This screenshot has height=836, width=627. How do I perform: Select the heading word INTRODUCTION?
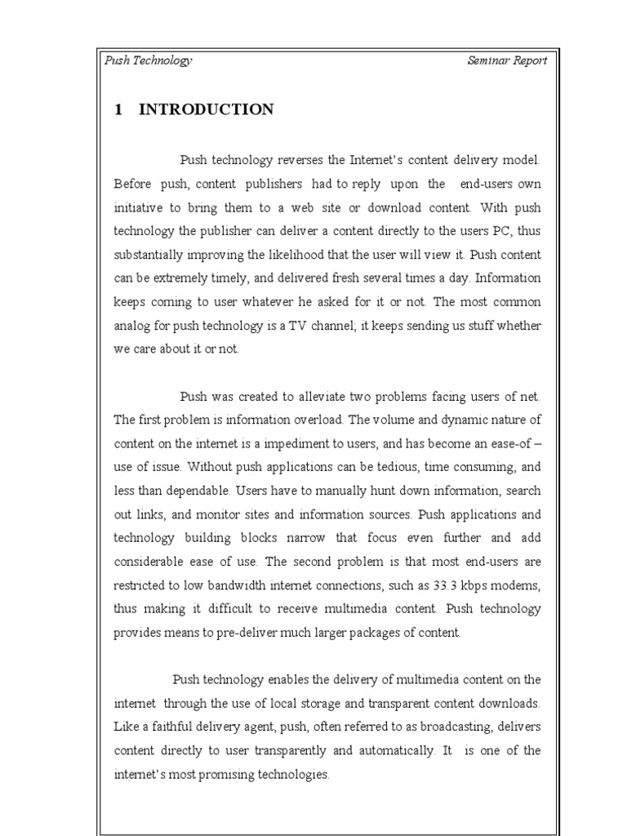pyautogui.click(x=207, y=109)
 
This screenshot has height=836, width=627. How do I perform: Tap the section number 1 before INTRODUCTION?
pyautogui.click(x=118, y=109)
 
